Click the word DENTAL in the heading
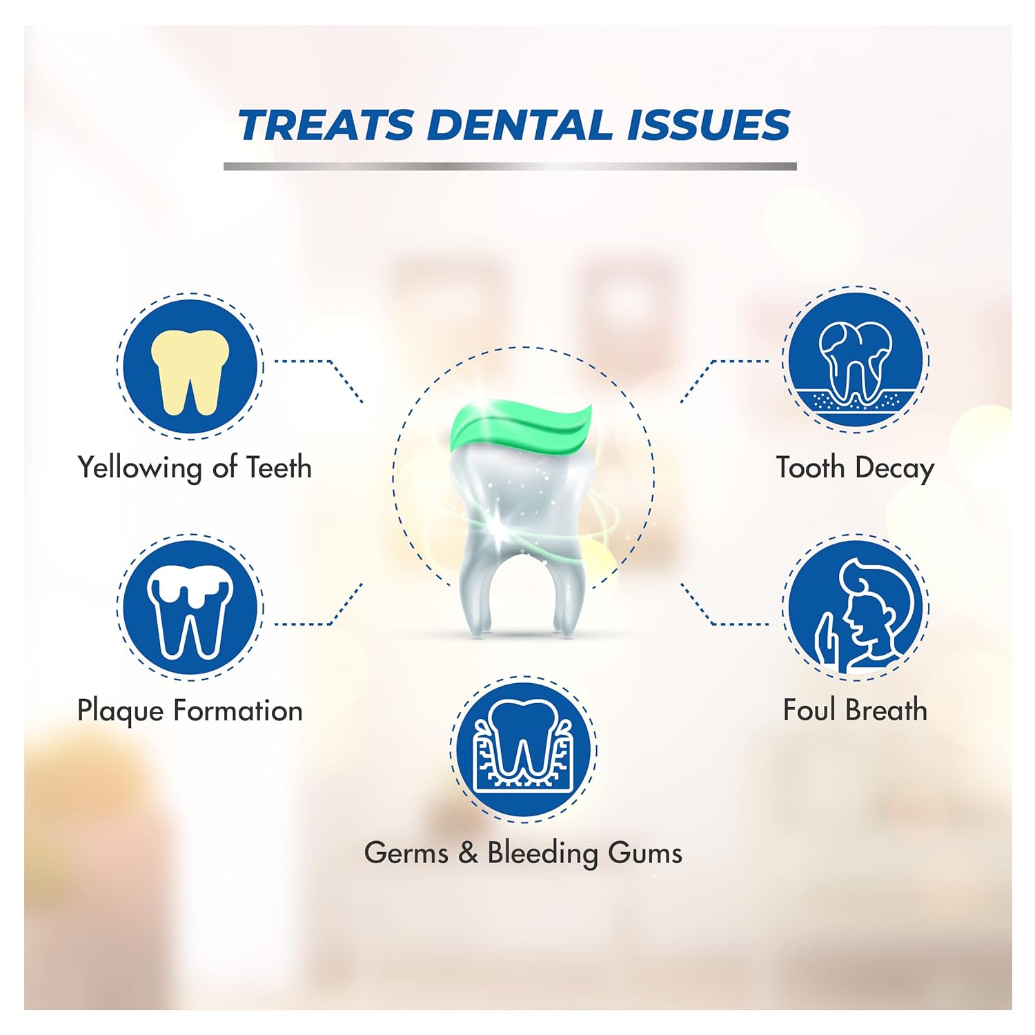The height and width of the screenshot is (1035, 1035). pyautogui.click(x=520, y=126)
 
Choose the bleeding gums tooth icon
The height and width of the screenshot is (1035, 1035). pyautogui.click(x=523, y=749)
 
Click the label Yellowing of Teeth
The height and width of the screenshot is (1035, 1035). pyautogui.click(x=195, y=468)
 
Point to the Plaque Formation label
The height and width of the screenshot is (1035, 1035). pyautogui.click(x=190, y=711)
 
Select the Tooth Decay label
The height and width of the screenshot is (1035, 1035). pyautogui.click(x=856, y=468)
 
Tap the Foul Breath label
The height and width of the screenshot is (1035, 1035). pyautogui.click(x=856, y=710)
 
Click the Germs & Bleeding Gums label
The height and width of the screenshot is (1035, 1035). pyautogui.click(x=523, y=853)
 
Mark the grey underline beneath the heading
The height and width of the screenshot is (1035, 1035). pyautogui.click(x=510, y=166)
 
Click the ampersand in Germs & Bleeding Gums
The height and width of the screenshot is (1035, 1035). pyautogui.click(x=468, y=853)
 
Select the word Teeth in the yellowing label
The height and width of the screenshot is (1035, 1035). pyautogui.click(x=279, y=468)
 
